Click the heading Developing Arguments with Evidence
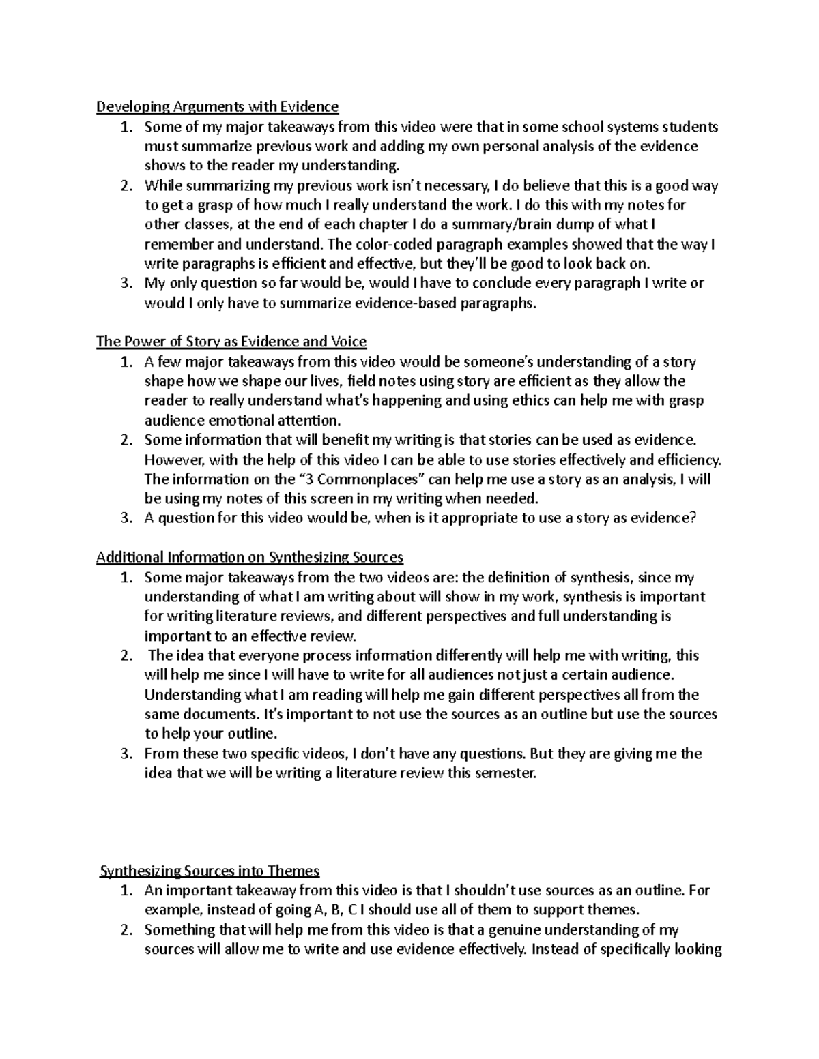coord(217,106)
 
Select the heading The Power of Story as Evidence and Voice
coord(231,342)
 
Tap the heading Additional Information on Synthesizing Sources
coord(250,557)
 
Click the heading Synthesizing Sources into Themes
coord(210,871)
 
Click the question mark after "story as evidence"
coord(692,518)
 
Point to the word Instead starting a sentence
coord(554,949)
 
